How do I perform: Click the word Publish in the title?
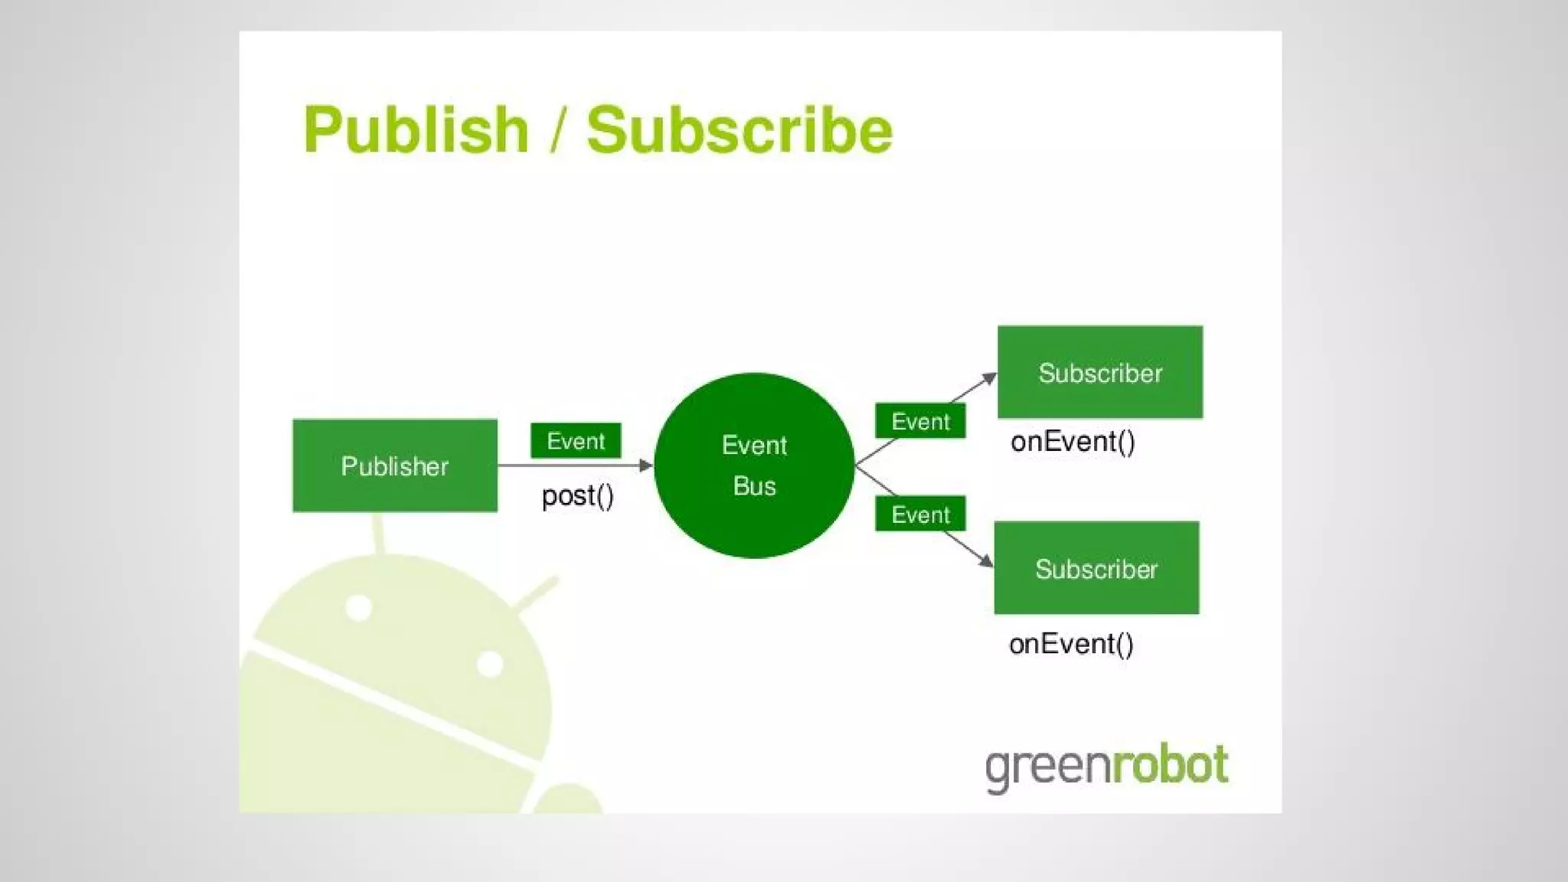click(416, 130)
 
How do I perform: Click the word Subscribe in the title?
click(740, 130)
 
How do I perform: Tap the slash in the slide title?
click(557, 130)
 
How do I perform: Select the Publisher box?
click(394, 465)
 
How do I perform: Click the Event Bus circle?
click(754, 465)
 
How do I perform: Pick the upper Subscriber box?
click(1099, 372)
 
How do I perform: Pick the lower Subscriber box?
click(1096, 568)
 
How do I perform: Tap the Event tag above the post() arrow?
click(576, 441)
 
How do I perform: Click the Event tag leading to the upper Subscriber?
click(920, 421)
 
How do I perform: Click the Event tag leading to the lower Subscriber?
click(920, 514)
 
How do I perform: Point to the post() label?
click(577, 496)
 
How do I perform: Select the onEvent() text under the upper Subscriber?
click(1073, 442)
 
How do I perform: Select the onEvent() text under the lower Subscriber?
click(1071, 644)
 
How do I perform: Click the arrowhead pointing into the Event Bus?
click(646, 465)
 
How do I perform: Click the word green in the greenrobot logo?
click(1047, 767)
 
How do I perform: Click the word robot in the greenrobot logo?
click(1170, 765)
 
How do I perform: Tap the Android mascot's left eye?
click(358, 608)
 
